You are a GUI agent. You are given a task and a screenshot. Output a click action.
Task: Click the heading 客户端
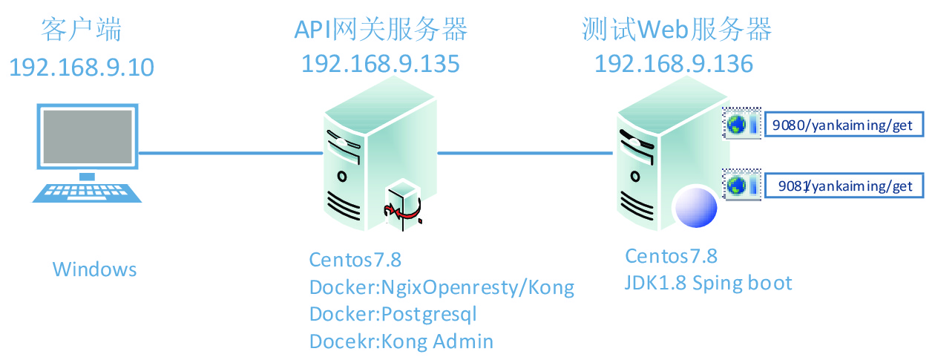pyautogui.click(x=82, y=30)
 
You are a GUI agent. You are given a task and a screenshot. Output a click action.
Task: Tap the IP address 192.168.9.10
pyautogui.click(x=82, y=67)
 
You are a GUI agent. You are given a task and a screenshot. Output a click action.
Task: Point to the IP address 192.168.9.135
pyautogui.click(x=381, y=63)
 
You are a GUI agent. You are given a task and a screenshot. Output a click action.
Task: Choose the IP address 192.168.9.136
pyautogui.click(x=674, y=63)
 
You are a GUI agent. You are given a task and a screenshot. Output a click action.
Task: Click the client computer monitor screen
pyautogui.click(x=88, y=137)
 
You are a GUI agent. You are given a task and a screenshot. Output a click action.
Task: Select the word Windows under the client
pyautogui.click(x=94, y=269)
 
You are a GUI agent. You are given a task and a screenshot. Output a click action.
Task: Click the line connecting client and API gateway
pyautogui.click(x=230, y=154)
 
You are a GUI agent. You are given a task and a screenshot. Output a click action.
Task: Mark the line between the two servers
pyautogui.click(x=525, y=154)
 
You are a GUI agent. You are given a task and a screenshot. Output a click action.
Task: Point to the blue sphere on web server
pyautogui.click(x=694, y=207)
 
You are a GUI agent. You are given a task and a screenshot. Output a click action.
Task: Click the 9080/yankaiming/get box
pyautogui.click(x=843, y=125)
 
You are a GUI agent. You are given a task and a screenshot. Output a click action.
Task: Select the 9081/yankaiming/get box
pyautogui.click(x=843, y=186)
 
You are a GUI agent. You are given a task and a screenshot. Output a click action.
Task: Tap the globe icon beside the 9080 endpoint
pyautogui.click(x=736, y=125)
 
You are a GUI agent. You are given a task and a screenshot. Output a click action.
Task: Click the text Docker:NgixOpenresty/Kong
pyautogui.click(x=442, y=287)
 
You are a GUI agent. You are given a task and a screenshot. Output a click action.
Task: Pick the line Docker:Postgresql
pyautogui.click(x=393, y=314)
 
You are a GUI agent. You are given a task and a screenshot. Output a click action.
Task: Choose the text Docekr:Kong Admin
pyautogui.click(x=401, y=341)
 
